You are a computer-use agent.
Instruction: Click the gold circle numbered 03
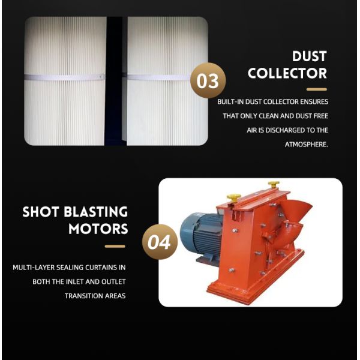tap(208, 80)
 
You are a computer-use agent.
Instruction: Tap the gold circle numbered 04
tap(160, 243)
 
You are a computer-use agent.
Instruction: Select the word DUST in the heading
tap(309, 56)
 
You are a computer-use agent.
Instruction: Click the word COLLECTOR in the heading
tap(287, 74)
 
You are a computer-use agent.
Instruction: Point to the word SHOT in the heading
tap(43, 212)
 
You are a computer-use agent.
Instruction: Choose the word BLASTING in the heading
tap(98, 212)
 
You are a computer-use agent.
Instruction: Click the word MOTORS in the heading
tap(98, 229)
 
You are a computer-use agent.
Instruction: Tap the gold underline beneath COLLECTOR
tap(316, 89)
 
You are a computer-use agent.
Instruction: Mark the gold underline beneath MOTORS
tap(115, 246)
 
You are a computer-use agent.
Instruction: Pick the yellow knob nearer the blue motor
tap(233, 197)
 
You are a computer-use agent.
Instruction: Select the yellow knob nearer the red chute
tap(274, 184)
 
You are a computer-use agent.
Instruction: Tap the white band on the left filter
tap(64, 77)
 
